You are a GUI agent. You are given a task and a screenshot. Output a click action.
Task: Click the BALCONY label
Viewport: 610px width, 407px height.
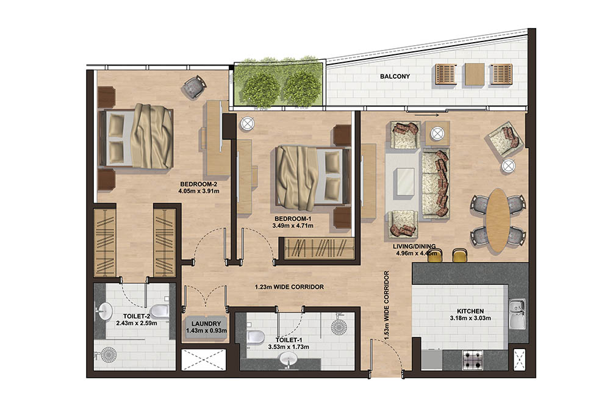click(x=395, y=77)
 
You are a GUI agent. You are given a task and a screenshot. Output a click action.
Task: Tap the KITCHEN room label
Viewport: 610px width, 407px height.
click(x=467, y=311)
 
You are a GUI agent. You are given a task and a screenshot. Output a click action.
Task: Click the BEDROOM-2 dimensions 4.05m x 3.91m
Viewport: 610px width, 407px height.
click(x=199, y=191)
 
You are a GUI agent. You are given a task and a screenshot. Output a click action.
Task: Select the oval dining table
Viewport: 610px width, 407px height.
click(x=498, y=220)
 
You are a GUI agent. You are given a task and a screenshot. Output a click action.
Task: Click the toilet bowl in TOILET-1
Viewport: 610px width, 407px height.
click(x=256, y=337)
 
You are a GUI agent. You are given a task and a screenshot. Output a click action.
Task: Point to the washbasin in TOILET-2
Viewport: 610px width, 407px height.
click(x=102, y=312)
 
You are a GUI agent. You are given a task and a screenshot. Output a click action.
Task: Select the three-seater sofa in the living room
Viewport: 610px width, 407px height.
click(x=435, y=182)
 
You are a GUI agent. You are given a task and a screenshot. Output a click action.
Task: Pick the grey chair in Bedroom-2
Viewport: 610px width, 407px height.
click(x=195, y=87)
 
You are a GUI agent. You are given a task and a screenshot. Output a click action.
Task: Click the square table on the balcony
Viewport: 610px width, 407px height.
click(x=474, y=74)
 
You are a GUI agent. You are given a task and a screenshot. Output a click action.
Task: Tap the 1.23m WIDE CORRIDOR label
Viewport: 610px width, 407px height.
click(x=289, y=287)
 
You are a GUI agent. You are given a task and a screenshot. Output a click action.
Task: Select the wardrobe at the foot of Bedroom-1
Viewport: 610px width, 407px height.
click(x=317, y=248)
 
